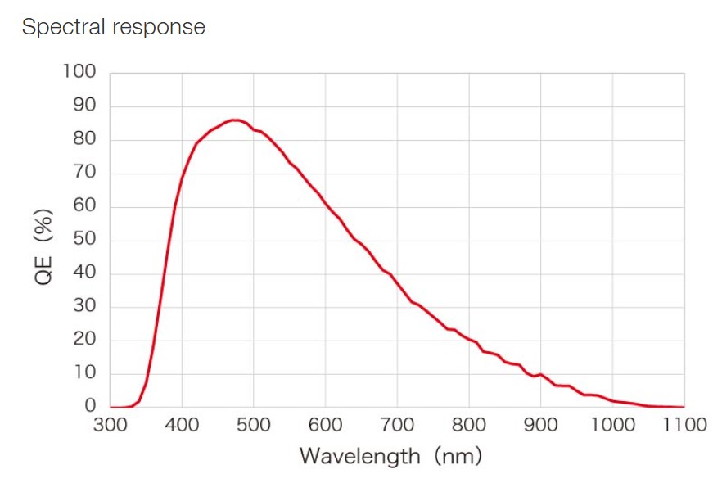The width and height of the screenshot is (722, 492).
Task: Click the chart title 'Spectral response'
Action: tap(113, 27)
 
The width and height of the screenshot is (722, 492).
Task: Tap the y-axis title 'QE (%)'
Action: tap(43, 246)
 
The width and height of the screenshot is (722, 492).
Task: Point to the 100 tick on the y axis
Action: tap(79, 72)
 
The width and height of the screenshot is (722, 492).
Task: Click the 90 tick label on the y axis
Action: tap(83, 106)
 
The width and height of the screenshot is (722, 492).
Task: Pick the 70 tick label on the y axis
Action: tap(83, 173)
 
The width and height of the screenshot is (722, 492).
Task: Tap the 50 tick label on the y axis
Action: tap(83, 240)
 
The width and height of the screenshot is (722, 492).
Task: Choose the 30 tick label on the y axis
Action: tap(83, 306)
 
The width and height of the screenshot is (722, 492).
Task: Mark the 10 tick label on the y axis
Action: tap(83, 373)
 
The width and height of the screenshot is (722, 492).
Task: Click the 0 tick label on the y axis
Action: tap(90, 406)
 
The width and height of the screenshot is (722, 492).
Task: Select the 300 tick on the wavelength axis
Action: tap(111, 424)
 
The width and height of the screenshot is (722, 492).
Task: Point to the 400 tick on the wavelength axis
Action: tap(182, 424)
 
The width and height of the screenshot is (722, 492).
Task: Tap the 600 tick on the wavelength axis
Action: tap(325, 424)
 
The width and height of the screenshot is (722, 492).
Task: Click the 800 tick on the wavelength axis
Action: tap(469, 424)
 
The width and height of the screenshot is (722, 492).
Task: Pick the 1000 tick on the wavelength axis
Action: tap(612, 424)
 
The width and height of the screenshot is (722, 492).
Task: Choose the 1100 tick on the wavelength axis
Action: tap(684, 424)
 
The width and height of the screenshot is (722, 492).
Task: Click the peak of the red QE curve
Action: tap(233, 120)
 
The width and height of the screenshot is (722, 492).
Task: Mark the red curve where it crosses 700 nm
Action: tap(397, 285)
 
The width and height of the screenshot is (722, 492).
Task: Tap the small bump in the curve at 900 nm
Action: tap(541, 374)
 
